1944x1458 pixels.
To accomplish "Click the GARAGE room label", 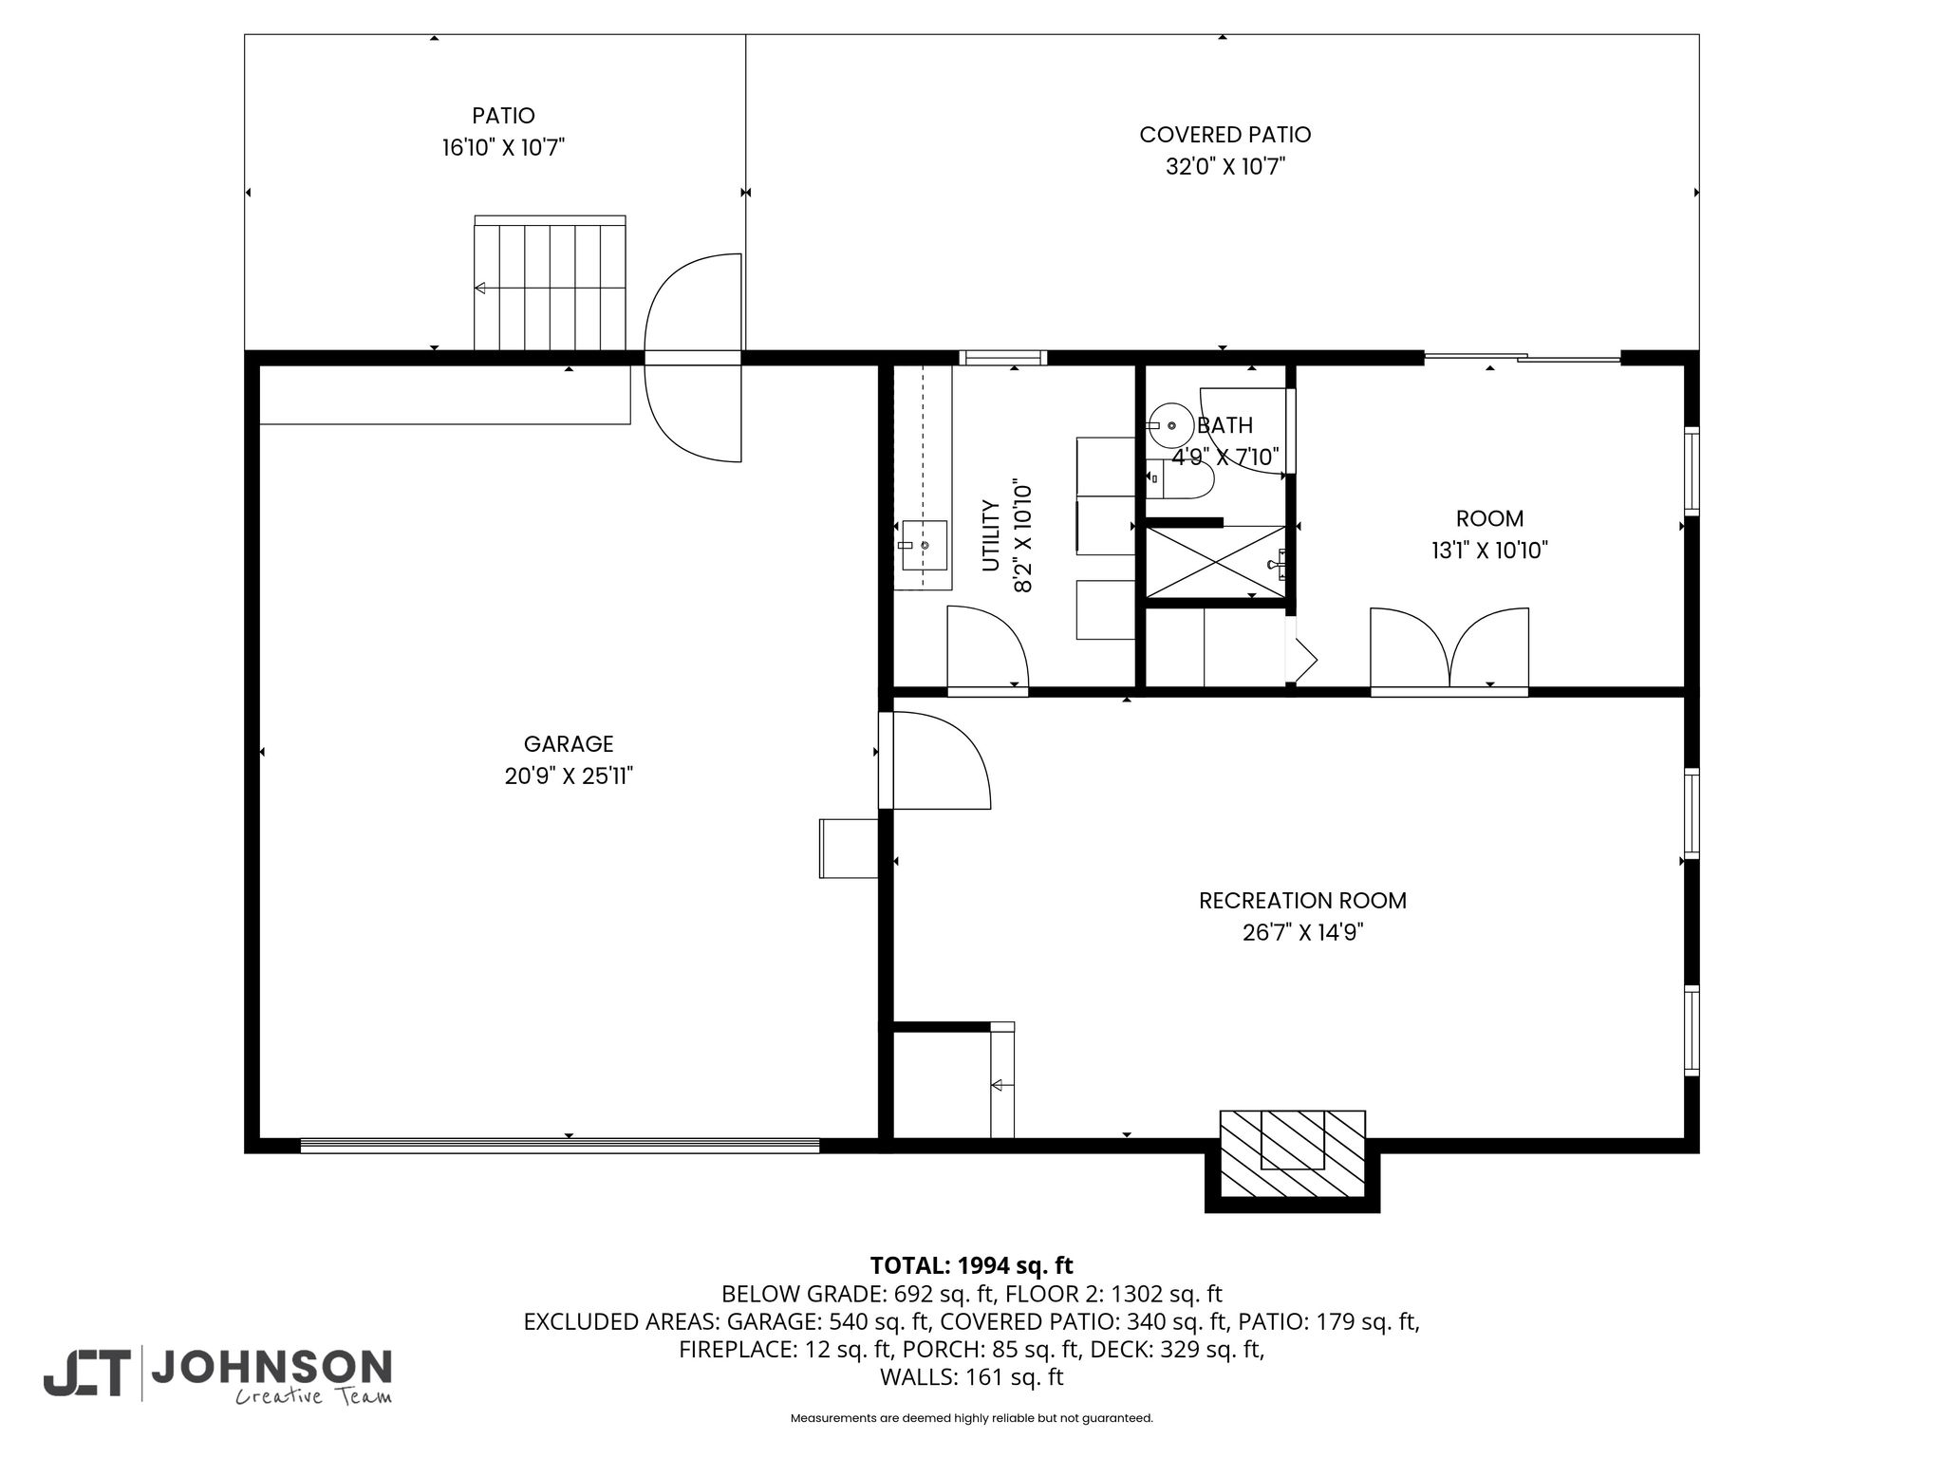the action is pyautogui.click(x=569, y=744).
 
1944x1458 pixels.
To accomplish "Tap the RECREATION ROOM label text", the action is pyautogui.click(x=1302, y=901).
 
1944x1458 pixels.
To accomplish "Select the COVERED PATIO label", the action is pyautogui.click(x=1225, y=135).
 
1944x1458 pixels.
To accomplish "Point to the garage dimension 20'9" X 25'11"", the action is pyautogui.click(x=569, y=776).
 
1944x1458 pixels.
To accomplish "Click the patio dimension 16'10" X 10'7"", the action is pyautogui.click(x=503, y=148).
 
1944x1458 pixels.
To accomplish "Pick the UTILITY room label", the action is pyautogui.click(x=991, y=535).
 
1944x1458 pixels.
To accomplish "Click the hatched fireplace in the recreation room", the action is pyautogui.click(x=1292, y=1153).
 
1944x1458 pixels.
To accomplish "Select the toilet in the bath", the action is pyautogui.click(x=1180, y=479).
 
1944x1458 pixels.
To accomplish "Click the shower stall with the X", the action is pyautogui.click(x=1217, y=563).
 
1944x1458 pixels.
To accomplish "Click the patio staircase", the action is pyautogui.click(x=551, y=284).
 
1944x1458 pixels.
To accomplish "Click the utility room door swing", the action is pyautogui.click(x=988, y=648).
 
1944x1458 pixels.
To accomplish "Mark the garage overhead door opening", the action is pyautogui.click(x=560, y=1146).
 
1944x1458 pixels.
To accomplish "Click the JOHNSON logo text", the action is pyautogui.click(x=271, y=1367).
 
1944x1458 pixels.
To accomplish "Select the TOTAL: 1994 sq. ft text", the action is pyautogui.click(x=971, y=1265).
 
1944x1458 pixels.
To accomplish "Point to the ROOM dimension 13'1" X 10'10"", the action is pyautogui.click(x=1489, y=551).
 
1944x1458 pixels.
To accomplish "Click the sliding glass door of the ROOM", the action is pyautogui.click(x=1523, y=358).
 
